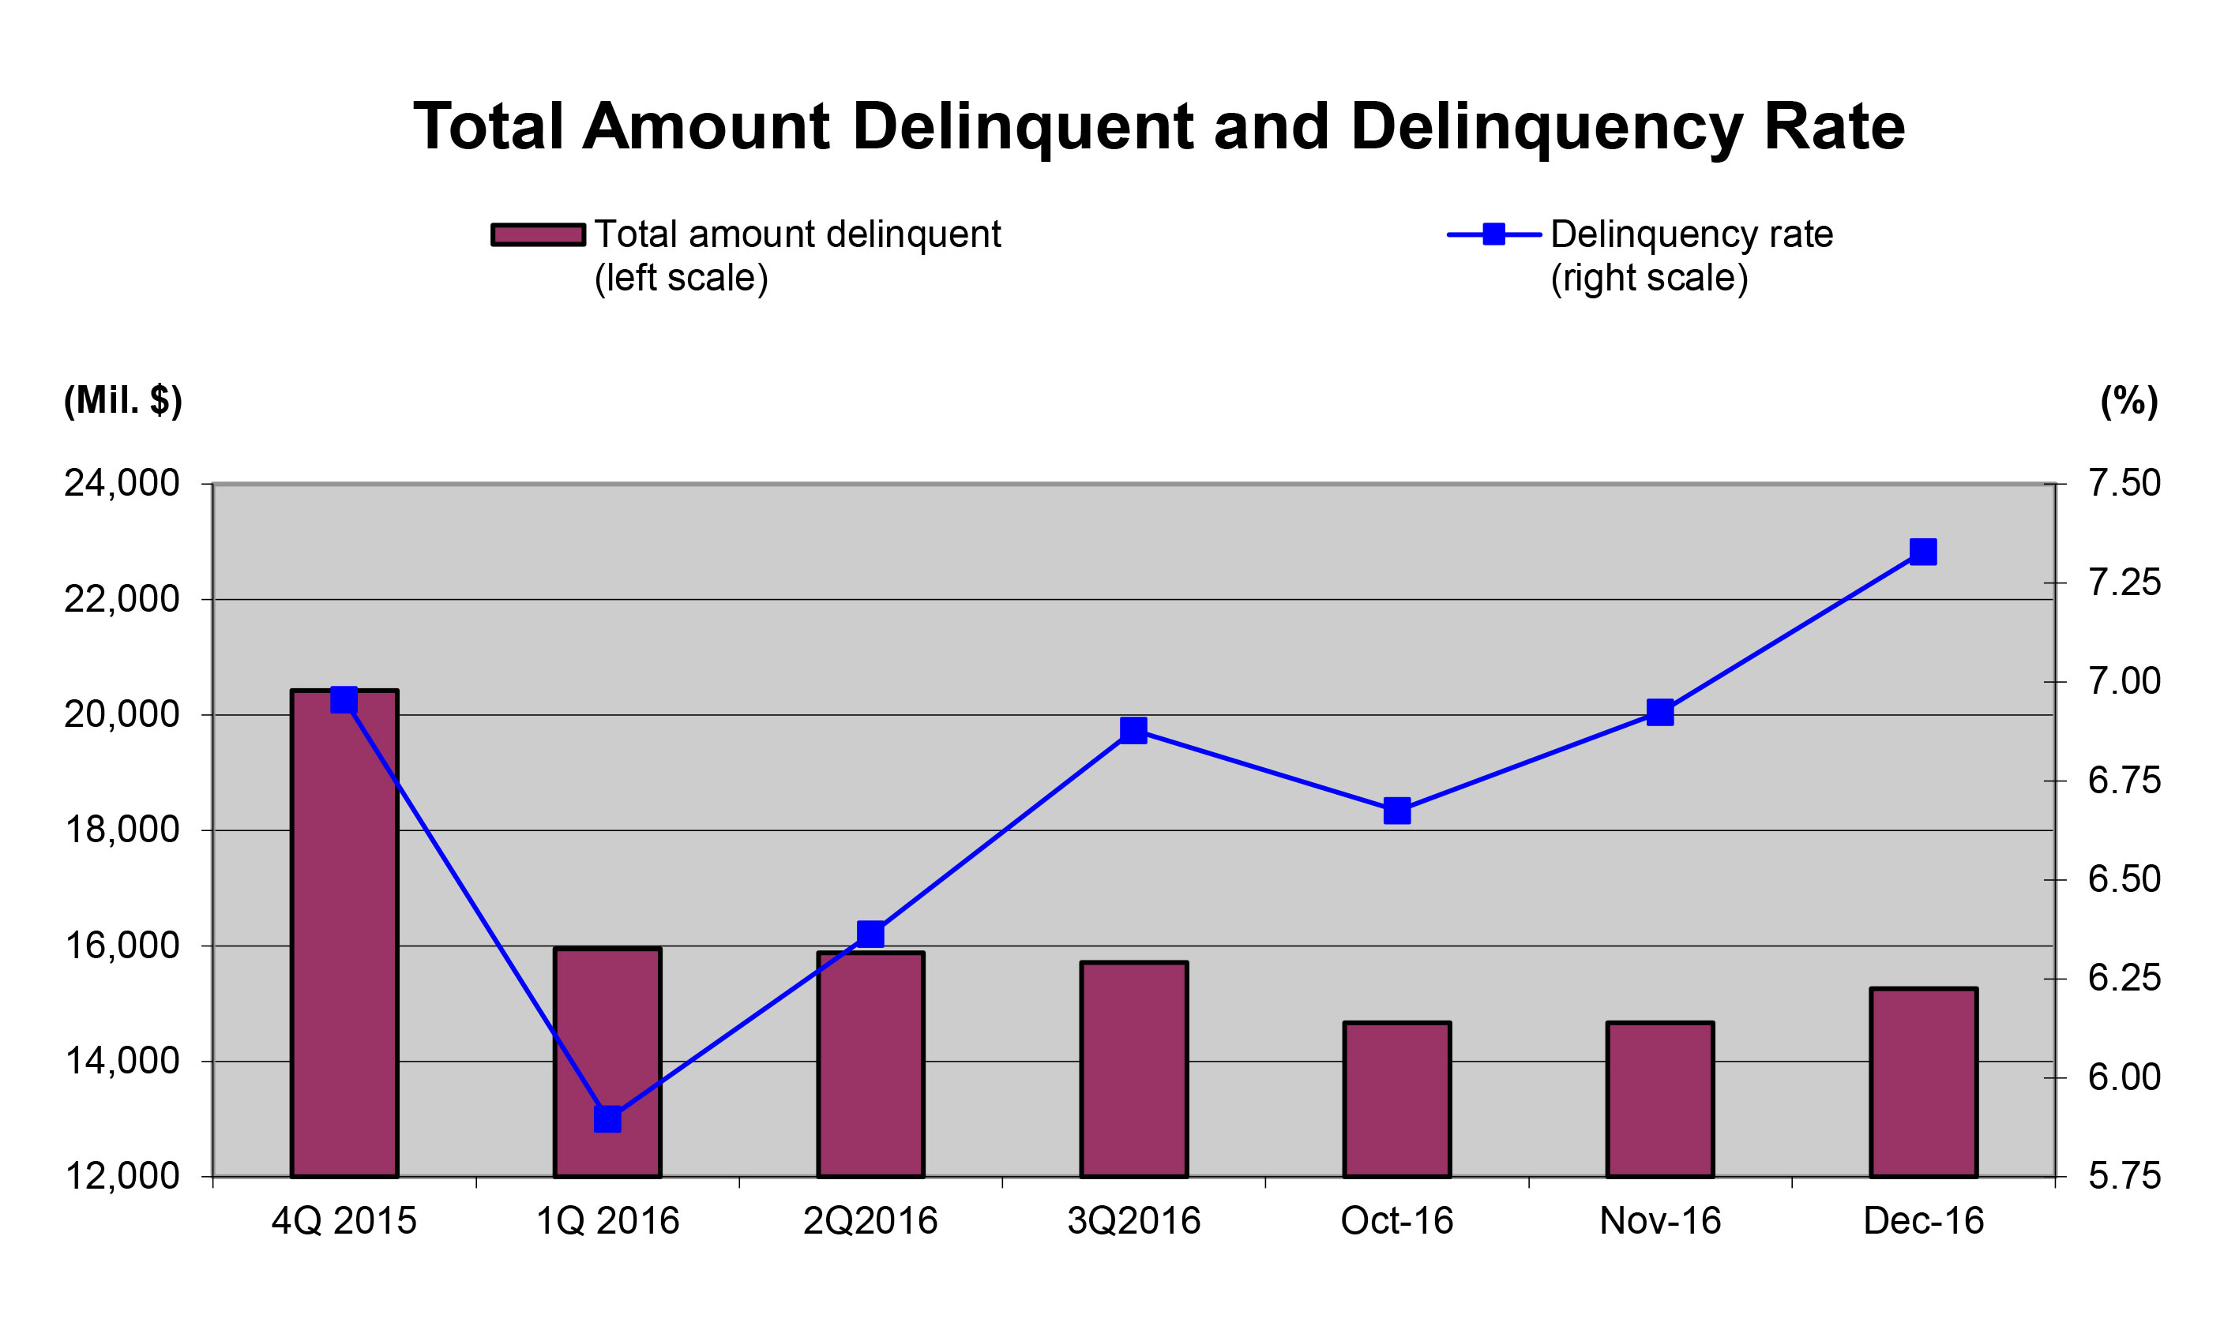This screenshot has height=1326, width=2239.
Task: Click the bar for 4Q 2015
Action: [x=344, y=933]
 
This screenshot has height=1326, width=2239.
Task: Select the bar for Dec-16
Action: [x=1922, y=1082]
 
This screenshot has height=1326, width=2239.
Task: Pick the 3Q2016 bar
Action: [x=1133, y=1069]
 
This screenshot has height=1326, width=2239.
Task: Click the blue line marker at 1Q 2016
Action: [x=608, y=1118]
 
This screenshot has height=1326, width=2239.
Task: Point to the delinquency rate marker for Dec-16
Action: [x=1922, y=551]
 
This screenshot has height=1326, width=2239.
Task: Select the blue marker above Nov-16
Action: [x=1660, y=712]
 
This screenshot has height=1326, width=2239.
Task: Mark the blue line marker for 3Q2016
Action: [x=1133, y=730]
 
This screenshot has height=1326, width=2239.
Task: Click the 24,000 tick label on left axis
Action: [x=122, y=483]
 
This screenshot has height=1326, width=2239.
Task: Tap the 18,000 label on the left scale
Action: [x=122, y=830]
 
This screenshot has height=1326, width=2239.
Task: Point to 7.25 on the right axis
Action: [x=2124, y=582]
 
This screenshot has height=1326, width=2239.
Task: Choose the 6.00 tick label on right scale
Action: [x=2124, y=1077]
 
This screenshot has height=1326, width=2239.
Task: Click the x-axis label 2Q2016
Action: [x=870, y=1220]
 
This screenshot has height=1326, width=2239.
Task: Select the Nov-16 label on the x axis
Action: [x=1660, y=1220]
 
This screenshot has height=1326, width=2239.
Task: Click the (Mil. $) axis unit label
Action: [x=123, y=400]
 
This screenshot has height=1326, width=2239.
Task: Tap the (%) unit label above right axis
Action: [x=2129, y=401]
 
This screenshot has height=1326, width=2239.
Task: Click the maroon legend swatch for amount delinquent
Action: [x=538, y=234]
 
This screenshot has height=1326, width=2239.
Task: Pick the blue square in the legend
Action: [x=1493, y=234]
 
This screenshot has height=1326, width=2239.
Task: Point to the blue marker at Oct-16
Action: [x=1397, y=811]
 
